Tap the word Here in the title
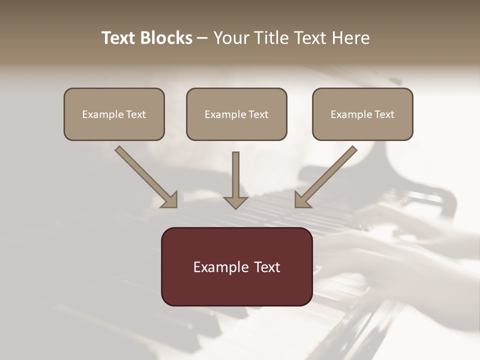click(x=350, y=38)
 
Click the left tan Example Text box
click(x=114, y=114)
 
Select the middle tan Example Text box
click(x=236, y=114)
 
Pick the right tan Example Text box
click(x=362, y=114)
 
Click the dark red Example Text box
click(x=236, y=266)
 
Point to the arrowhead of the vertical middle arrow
click(x=235, y=202)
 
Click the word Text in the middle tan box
click(x=258, y=114)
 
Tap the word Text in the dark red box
click(x=267, y=267)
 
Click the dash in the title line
click(x=202, y=38)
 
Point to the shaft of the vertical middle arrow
click(x=235, y=172)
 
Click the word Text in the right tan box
click(x=384, y=114)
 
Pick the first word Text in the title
click(x=119, y=38)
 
